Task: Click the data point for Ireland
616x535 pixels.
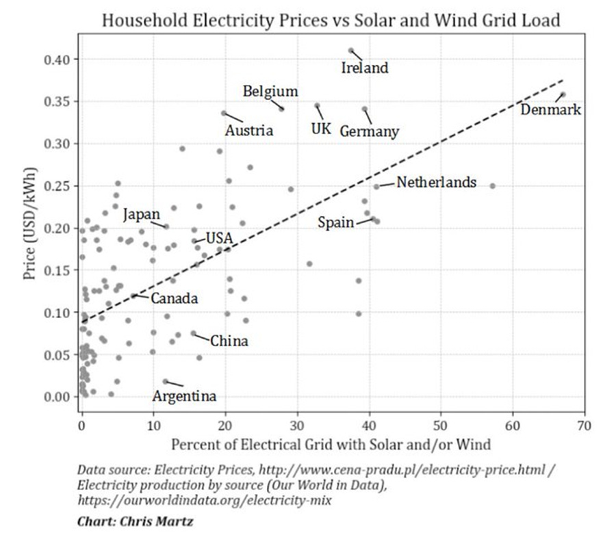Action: [x=351, y=51]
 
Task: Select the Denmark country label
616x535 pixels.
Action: [x=550, y=109]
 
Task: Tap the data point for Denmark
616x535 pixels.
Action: [x=563, y=94]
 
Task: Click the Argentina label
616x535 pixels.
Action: [x=184, y=396]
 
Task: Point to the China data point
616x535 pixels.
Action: [x=193, y=333]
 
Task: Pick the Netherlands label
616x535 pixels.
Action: [x=436, y=183]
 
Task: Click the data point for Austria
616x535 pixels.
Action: [x=224, y=113]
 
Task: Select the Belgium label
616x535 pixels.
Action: [x=270, y=91]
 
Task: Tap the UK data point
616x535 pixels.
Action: [x=317, y=105]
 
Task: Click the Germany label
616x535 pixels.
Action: [x=369, y=131]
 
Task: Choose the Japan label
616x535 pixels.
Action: [x=142, y=215]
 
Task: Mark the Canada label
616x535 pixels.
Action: [x=175, y=299]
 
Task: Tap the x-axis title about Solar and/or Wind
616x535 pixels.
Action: [x=331, y=445]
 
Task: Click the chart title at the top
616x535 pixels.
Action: [x=331, y=20]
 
